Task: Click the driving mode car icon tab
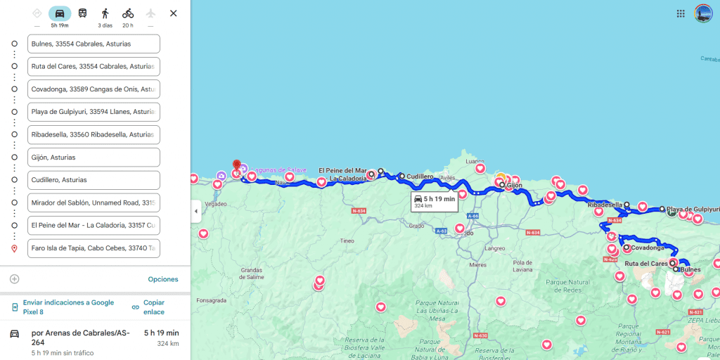[x=60, y=13]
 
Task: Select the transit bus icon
[x=82, y=13]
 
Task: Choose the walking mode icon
[x=105, y=13]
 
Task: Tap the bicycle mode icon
[x=127, y=13]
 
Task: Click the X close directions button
[x=174, y=13]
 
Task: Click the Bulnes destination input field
[x=94, y=44]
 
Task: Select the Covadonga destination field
[x=94, y=89]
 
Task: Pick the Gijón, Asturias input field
[x=94, y=157]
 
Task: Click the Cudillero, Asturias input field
[x=94, y=180]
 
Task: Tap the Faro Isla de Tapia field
[x=94, y=248]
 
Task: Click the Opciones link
[x=163, y=279]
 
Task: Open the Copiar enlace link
[x=153, y=307]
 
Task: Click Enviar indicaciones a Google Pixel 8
[x=67, y=307]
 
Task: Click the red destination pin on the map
[x=236, y=166]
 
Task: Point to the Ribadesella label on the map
[x=605, y=205]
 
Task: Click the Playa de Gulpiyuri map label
[x=693, y=210]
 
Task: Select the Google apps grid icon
[x=681, y=13]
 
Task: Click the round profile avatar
[x=703, y=13]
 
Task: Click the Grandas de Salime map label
[x=251, y=273]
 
